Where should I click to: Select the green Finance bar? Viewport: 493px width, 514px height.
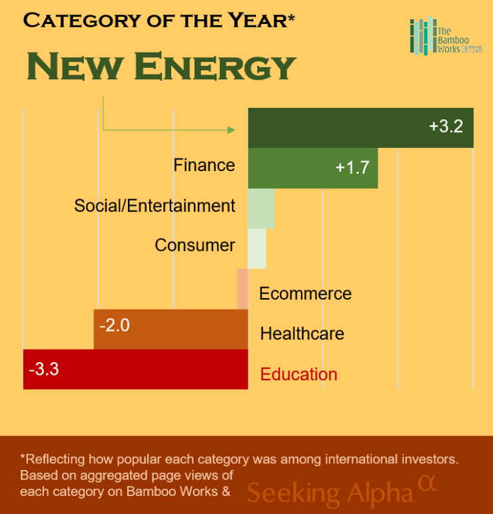point(293,168)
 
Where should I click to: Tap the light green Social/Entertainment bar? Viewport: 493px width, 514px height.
point(261,208)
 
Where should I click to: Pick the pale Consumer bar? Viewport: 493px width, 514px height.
point(257,248)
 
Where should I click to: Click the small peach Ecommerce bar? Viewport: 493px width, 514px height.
point(243,289)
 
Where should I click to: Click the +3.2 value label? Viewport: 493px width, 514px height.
point(446,127)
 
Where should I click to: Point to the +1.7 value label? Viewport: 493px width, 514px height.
point(352,167)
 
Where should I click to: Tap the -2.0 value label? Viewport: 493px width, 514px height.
point(114,326)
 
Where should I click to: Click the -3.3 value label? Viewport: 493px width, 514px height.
point(44,368)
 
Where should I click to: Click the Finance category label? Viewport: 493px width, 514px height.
point(204,165)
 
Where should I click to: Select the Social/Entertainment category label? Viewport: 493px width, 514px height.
point(155,206)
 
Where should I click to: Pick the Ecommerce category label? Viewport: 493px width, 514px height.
point(305,294)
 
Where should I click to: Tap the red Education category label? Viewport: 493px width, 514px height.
point(298,374)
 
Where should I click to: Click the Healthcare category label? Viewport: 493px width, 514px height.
point(302,334)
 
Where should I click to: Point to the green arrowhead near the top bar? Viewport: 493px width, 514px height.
point(233,130)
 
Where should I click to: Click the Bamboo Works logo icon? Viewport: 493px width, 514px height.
point(421,37)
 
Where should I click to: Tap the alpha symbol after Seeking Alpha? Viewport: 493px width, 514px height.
point(428,482)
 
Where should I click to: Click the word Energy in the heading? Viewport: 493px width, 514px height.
point(217,67)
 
